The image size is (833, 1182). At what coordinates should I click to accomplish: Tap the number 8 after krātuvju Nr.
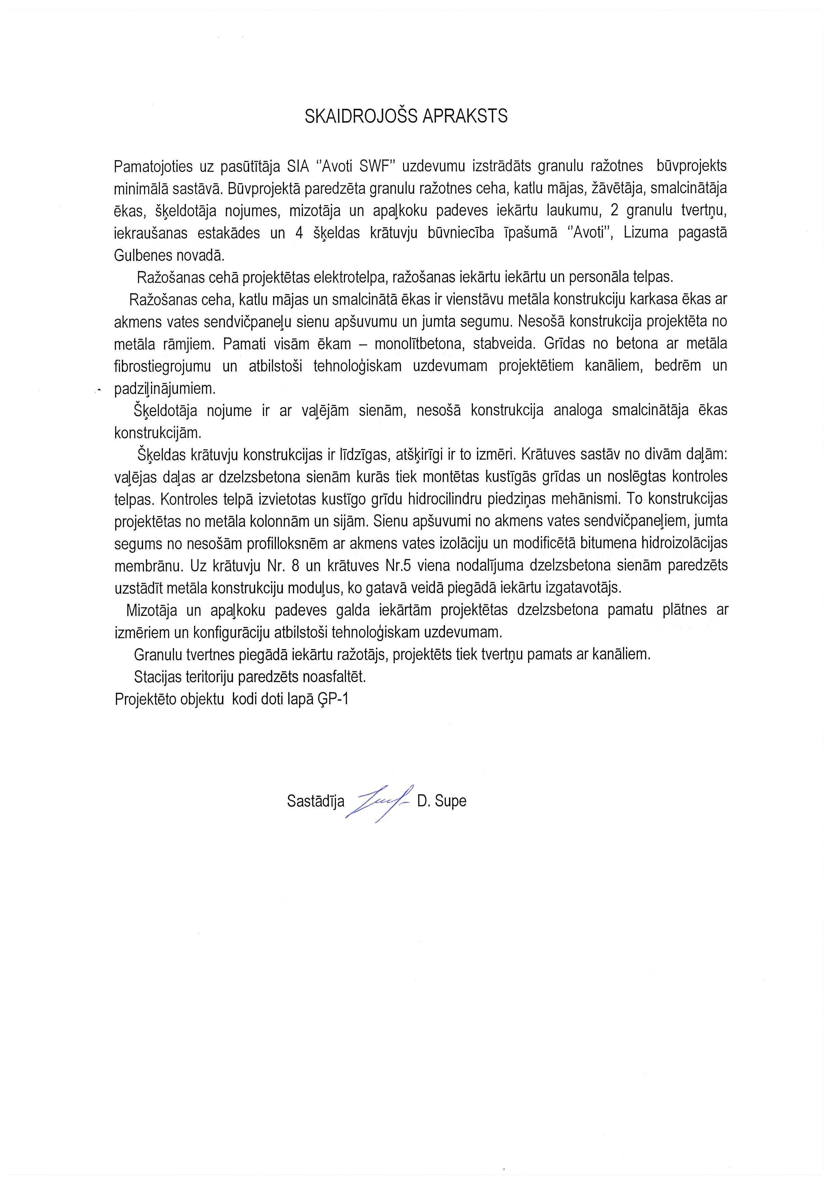(x=295, y=566)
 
